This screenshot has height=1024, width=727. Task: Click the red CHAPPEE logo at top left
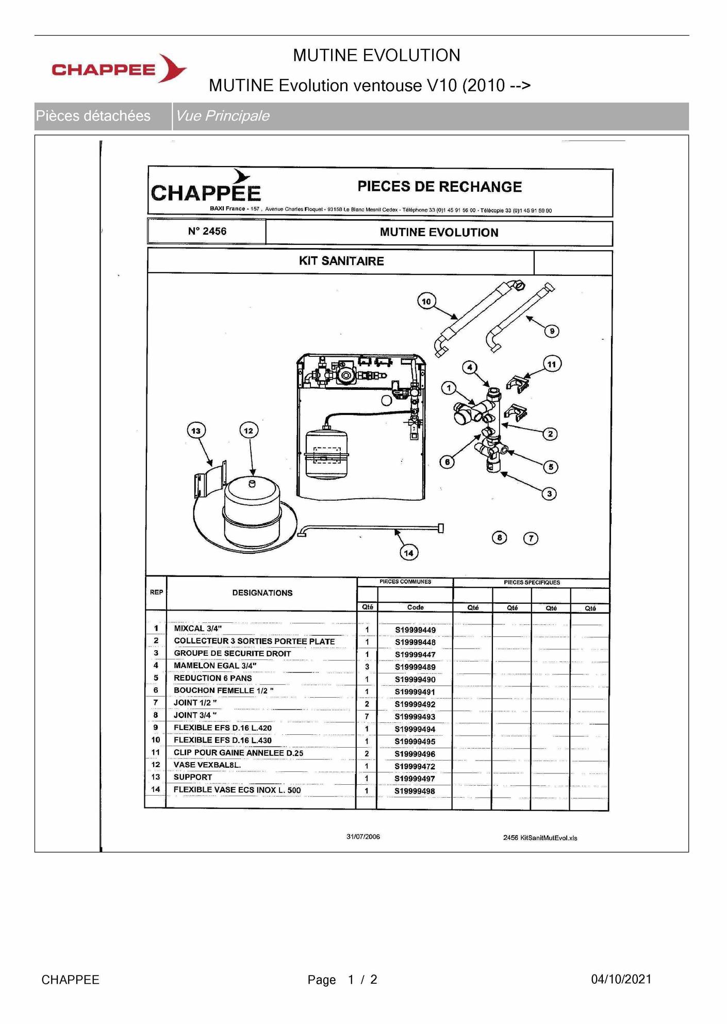(119, 69)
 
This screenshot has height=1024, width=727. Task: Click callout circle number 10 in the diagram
(426, 302)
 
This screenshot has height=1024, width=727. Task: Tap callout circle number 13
(196, 431)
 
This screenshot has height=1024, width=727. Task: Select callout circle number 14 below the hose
(409, 553)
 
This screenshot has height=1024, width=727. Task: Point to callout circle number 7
(531, 538)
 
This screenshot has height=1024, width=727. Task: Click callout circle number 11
(552, 365)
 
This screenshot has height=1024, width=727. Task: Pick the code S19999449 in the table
(415, 630)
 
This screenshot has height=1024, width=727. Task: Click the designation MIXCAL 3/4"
(197, 629)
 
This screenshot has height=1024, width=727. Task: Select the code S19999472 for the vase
(415, 766)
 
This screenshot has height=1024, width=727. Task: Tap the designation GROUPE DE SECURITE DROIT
(232, 653)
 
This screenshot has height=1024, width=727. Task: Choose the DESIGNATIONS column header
(262, 593)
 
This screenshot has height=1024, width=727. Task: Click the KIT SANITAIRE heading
(341, 261)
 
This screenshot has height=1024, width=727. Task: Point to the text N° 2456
(207, 232)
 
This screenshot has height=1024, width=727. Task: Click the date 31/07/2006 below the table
(363, 836)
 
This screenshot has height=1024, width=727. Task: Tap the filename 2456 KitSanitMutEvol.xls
(540, 838)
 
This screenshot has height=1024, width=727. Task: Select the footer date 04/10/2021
(621, 979)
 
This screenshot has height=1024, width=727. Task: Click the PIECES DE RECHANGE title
(439, 187)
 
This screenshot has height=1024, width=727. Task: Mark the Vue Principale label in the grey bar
(222, 116)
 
